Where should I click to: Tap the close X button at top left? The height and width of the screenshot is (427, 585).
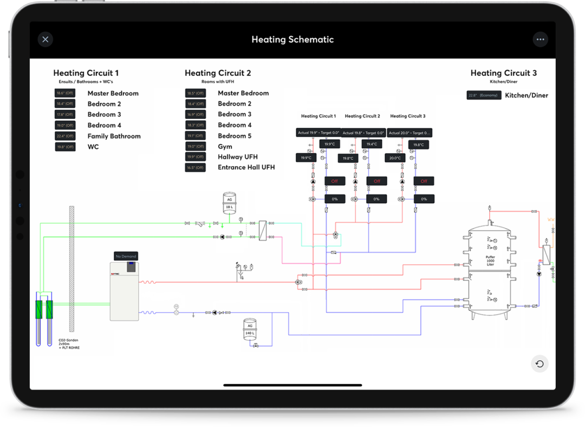45,39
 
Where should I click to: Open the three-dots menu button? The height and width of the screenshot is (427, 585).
539,39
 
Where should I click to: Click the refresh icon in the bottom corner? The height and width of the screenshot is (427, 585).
539,364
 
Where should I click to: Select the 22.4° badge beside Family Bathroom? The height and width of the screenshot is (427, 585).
65,136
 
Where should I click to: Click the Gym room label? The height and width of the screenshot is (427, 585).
225,146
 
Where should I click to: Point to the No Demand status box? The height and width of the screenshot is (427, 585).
126,256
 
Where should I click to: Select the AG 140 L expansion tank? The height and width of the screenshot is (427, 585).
250,329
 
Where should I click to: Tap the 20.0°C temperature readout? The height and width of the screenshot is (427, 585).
395,158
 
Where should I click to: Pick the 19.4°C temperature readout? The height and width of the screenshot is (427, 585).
371,144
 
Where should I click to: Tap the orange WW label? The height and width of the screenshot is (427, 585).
551,219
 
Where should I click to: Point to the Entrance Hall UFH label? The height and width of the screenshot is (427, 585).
246,167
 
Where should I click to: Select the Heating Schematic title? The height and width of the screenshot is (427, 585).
292,40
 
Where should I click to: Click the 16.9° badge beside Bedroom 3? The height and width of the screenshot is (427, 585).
195,114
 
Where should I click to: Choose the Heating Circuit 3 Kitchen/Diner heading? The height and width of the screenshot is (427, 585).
504,73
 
